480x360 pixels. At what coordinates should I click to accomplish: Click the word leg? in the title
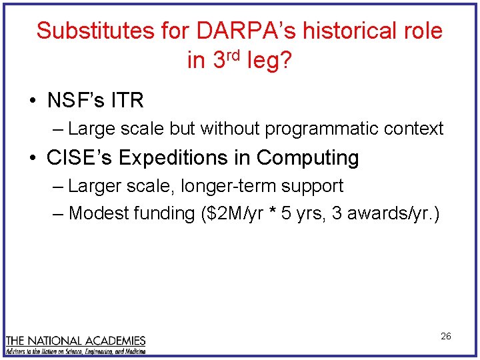tap(269, 61)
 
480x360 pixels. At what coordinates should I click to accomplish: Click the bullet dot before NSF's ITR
tap(32, 101)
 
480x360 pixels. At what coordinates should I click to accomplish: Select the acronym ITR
tap(127, 101)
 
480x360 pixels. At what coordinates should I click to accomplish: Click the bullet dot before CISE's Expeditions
tap(32, 159)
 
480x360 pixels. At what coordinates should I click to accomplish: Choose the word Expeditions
tap(177, 158)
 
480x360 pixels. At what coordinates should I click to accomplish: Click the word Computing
tap(308, 158)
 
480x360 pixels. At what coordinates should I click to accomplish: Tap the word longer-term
tap(221, 186)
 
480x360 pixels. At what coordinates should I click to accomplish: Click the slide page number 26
tap(446, 336)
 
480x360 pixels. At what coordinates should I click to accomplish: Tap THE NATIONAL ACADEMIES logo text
tap(75, 340)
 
